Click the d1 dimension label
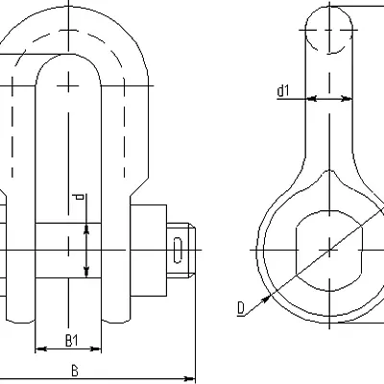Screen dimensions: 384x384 pos(283,91)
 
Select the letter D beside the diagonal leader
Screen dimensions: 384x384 pos(241,308)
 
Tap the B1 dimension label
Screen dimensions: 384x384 pos(71,341)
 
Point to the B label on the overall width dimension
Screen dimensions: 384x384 pos(75,371)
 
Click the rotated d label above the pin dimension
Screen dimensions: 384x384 pos(78,197)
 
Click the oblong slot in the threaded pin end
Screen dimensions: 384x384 pos(179,250)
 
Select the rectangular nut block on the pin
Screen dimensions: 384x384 pos(149,251)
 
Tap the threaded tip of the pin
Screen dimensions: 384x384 pos(180,250)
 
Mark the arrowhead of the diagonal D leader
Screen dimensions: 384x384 pos(265,300)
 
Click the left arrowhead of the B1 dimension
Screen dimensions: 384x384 pos(39,348)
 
